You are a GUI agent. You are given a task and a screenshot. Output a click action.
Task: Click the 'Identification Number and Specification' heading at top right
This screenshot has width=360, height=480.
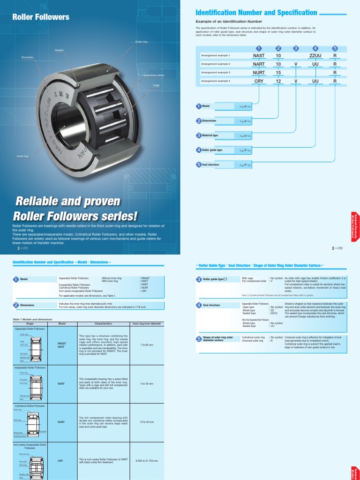pos(256,13)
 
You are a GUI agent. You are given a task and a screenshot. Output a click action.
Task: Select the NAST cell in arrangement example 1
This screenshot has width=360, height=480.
pos(259,55)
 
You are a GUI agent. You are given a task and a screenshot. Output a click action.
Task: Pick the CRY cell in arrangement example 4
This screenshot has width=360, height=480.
pos(259,81)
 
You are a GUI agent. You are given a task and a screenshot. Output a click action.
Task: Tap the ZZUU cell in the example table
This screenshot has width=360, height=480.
pos(315,55)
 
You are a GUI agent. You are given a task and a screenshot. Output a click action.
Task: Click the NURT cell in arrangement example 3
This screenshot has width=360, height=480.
pos(259,73)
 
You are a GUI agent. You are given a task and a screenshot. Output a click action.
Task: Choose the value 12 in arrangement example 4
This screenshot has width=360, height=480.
pos(278,81)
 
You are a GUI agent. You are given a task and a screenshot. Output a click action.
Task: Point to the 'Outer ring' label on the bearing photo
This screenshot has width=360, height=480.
pos(141,42)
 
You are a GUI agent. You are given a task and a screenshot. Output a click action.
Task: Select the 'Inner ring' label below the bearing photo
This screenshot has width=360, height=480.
pos(22,156)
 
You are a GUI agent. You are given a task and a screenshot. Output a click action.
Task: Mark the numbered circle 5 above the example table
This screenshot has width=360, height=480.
pos(335,48)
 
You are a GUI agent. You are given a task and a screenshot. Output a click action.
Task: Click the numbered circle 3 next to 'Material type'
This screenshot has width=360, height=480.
pos(199,135)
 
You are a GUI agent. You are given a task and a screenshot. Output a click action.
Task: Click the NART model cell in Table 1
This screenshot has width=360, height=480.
pos(61,383)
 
